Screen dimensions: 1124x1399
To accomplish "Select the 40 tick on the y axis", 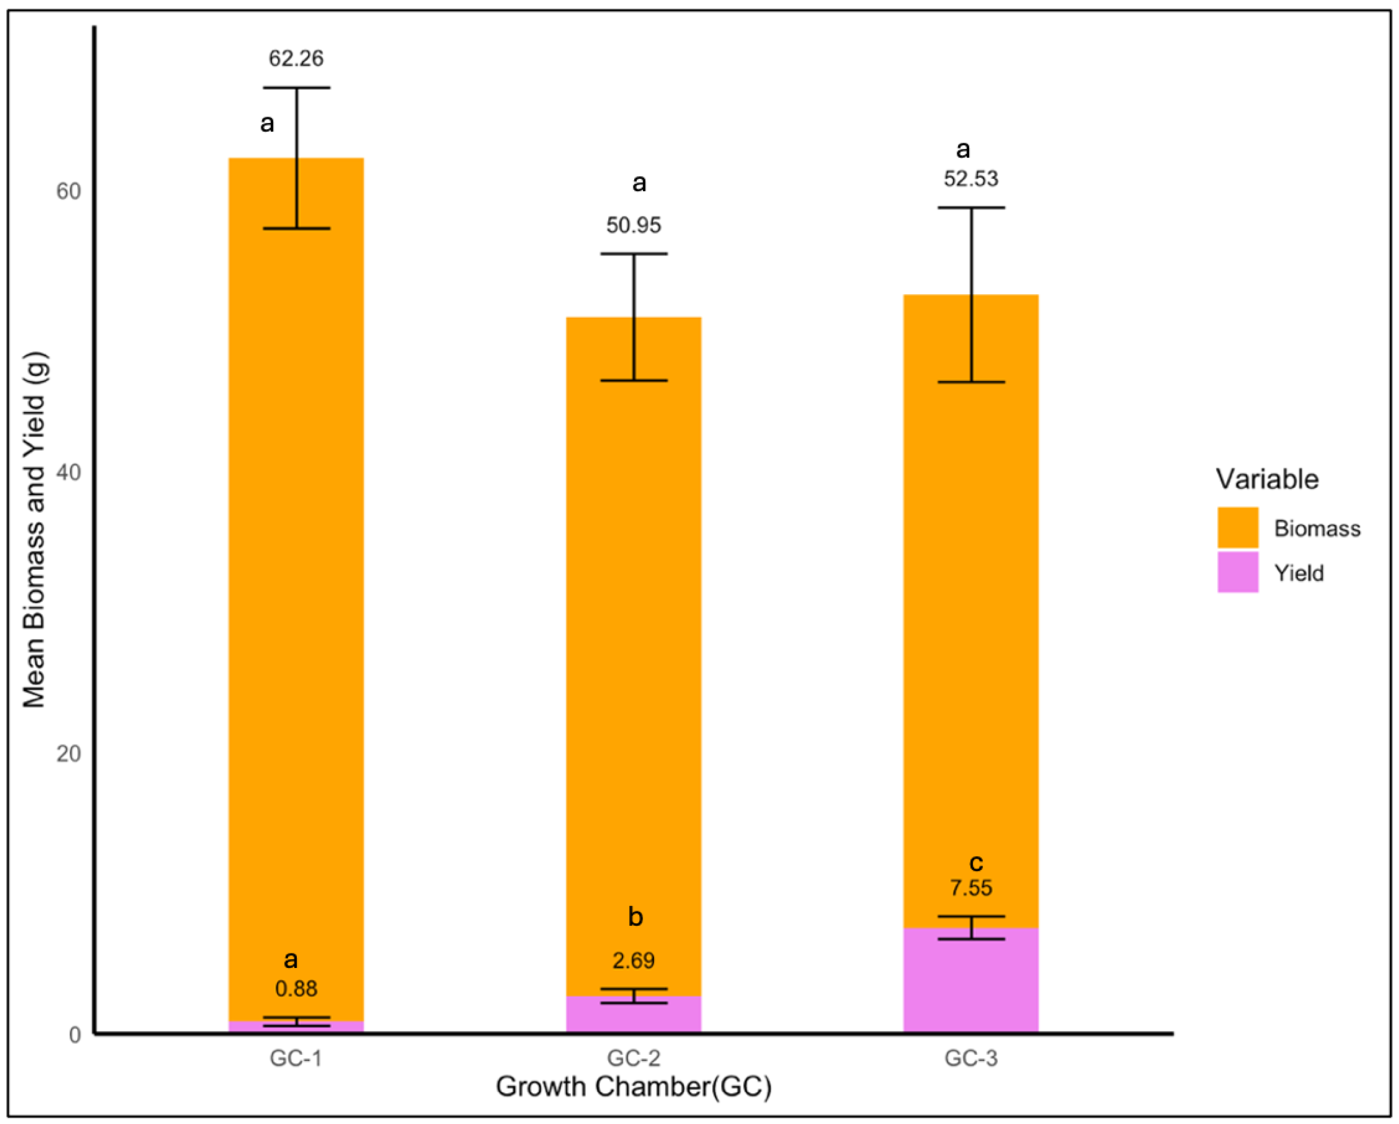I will coord(68,473).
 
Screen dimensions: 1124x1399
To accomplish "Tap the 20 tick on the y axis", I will coord(68,754).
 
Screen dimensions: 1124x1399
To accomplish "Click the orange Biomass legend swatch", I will coord(1237,527).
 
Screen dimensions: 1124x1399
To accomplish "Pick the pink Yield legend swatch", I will coord(1237,572).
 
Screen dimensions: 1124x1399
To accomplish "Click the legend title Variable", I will coord(1267,480).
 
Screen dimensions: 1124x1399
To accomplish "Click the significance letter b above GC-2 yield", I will coord(635,917).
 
